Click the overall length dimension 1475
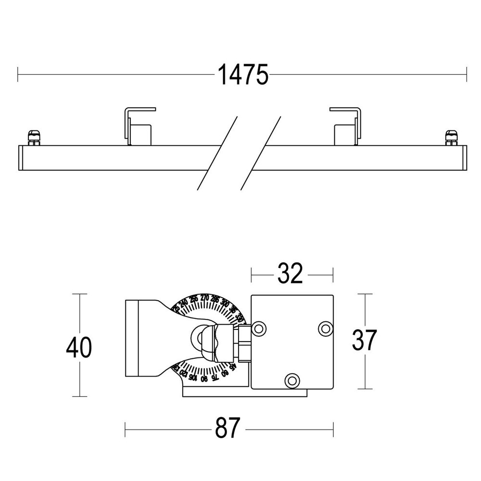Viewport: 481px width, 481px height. [242, 75]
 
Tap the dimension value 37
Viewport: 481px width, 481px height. [364, 341]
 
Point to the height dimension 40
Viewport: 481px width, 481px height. [79, 347]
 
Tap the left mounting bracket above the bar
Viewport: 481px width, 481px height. [139, 125]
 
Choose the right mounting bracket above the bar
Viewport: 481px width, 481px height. [345, 125]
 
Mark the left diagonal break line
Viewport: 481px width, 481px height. [218, 152]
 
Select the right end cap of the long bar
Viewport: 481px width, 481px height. [464, 157]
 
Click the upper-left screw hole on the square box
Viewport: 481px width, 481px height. [259, 329]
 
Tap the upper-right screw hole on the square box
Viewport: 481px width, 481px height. [326, 328]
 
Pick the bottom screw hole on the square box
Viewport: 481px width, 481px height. [291, 380]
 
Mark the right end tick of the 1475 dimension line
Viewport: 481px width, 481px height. [466, 75]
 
